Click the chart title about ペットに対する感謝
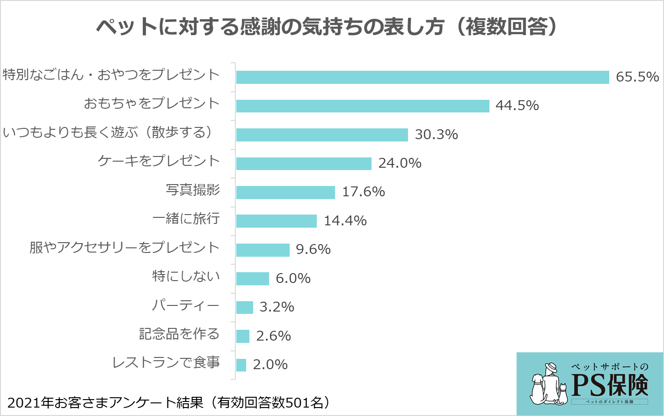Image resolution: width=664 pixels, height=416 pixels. click(x=327, y=27)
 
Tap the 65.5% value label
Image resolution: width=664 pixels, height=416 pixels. click(x=637, y=77)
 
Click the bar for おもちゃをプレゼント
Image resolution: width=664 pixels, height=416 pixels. click(x=362, y=106)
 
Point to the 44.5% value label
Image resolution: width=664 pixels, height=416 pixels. click(x=517, y=105)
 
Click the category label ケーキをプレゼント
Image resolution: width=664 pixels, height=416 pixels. click(x=159, y=161)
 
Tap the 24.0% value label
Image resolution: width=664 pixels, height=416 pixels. click(x=400, y=163)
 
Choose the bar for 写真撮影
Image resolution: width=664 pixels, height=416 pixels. click(x=285, y=193)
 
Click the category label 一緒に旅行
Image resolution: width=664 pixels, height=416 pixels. click(x=186, y=218)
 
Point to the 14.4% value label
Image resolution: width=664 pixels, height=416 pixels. click(x=345, y=221)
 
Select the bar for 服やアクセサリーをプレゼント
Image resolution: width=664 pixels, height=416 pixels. click(x=263, y=250)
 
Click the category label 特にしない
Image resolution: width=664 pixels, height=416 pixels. click(x=186, y=276)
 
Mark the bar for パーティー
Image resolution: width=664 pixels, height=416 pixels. click(x=244, y=307)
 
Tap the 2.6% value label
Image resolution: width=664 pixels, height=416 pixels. click(x=274, y=336)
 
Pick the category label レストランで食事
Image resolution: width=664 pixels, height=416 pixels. click(x=166, y=363)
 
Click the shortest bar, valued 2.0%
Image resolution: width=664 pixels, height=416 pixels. click(x=241, y=365)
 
